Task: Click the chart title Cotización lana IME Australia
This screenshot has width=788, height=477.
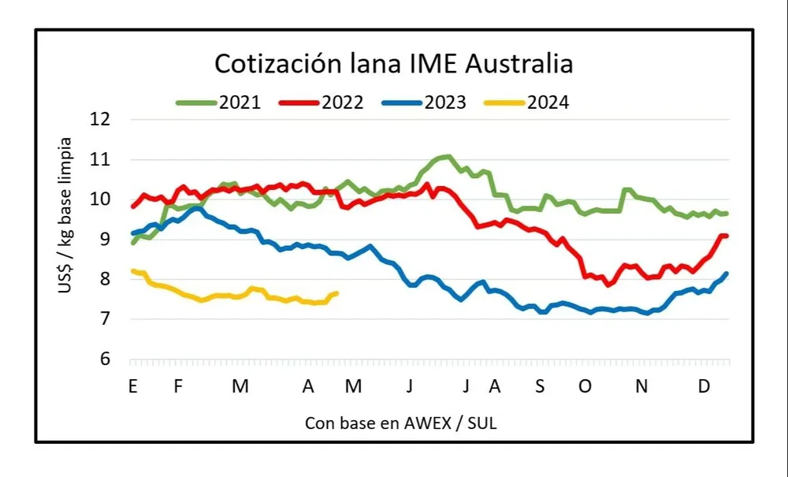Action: click(394, 63)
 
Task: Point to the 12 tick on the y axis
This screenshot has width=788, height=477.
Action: click(101, 120)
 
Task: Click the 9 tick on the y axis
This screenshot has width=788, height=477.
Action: click(106, 239)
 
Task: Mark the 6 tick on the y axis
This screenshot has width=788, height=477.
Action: click(106, 360)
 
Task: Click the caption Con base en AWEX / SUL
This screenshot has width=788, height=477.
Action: click(400, 423)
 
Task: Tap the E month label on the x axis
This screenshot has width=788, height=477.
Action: click(132, 386)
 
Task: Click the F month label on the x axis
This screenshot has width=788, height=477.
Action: click(178, 386)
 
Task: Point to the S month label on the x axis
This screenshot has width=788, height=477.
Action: click(539, 386)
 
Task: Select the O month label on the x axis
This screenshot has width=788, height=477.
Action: click(585, 386)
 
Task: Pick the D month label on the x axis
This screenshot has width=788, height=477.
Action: click(704, 386)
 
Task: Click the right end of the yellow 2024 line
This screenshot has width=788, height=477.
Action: click(336, 293)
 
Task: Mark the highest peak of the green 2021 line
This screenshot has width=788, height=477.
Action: click(447, 156)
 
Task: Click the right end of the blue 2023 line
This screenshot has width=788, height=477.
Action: click(727, 274)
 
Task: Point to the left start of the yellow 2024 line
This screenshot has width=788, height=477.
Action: click(132, 270)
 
